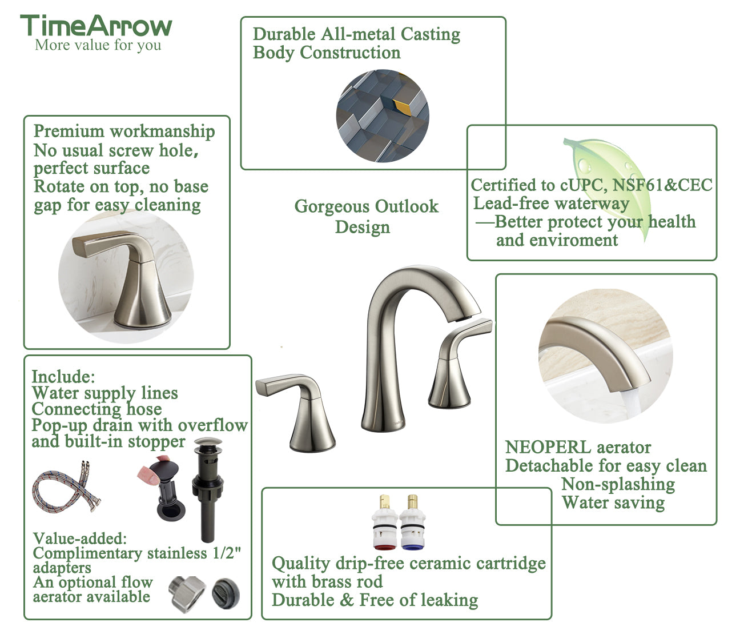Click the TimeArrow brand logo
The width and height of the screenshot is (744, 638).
pos(96,26)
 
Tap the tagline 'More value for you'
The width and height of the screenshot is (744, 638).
pos(98,45)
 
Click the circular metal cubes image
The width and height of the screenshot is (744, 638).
pos(383,116)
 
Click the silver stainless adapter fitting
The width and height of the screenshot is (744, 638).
pos(187,593)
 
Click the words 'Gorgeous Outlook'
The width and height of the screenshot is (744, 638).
pos(366,206)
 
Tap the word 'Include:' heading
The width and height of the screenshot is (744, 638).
pos(63,377)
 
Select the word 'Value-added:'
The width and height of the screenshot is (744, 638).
pos(79,539)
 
